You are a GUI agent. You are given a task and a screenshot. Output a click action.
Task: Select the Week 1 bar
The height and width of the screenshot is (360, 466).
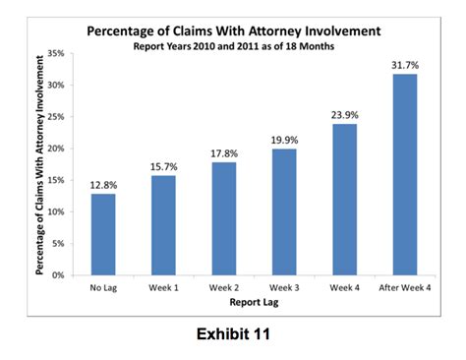[163, 225]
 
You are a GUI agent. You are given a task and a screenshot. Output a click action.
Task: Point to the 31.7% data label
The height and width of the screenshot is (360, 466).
[404, 65]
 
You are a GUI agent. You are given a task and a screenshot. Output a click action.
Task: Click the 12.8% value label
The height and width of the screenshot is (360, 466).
[103, 184]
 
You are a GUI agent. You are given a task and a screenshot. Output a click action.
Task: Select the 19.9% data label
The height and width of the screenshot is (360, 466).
[283, 140]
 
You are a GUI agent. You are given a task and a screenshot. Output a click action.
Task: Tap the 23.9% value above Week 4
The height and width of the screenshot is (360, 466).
[344, 114]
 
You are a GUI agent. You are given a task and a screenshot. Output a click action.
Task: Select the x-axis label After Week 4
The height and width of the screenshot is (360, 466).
[404, 288]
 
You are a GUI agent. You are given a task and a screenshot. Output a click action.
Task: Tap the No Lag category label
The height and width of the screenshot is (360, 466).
[103, 288]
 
